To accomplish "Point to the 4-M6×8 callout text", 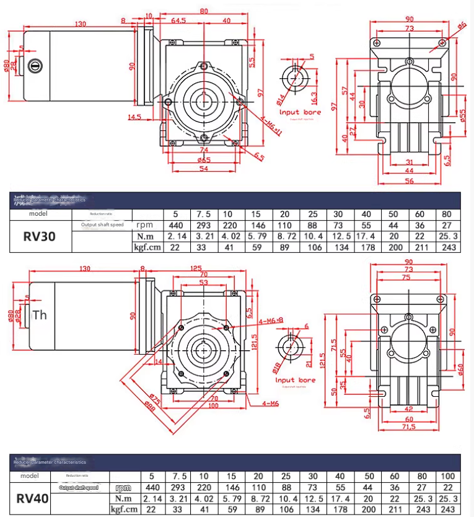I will pos(271,320).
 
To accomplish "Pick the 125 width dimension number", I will pos(196,268).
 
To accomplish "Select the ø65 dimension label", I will pos(204,160).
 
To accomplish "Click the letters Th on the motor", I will pos(40,315).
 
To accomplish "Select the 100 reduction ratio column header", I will pos(446,476).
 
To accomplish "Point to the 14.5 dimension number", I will pos(135,117).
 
